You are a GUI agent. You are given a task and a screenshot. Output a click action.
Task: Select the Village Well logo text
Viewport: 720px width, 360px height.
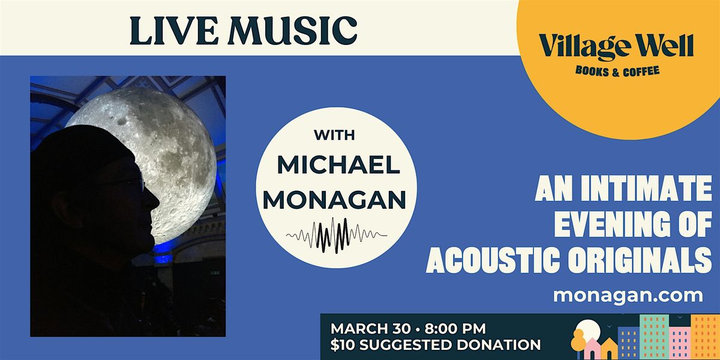coord(616,47)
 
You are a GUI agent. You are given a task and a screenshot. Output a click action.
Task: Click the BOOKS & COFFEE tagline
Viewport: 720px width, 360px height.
coord(617,71)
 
